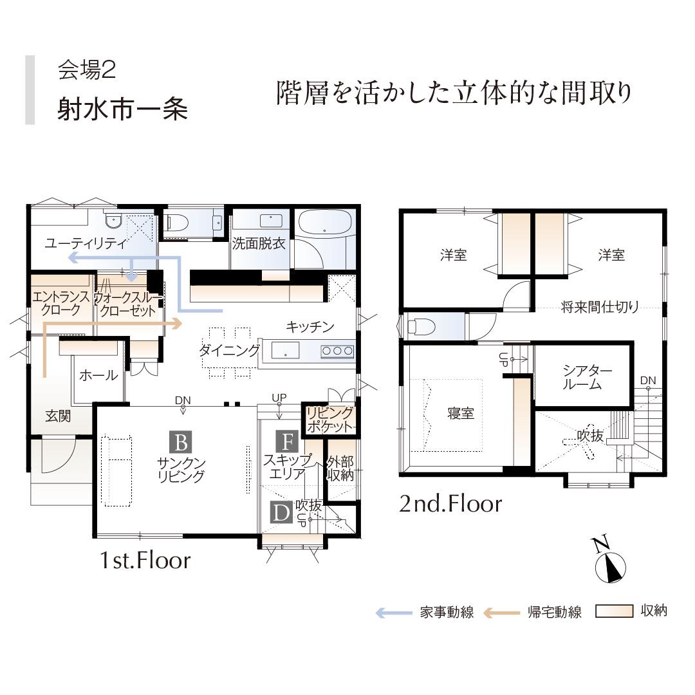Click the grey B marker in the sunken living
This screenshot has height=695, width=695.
click(x=181, y=442)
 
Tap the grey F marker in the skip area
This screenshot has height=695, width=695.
click(x=287, y=441)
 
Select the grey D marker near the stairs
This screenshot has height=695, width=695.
click(x=281, y=512)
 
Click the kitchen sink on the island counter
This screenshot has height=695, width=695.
click(x=285, y=350)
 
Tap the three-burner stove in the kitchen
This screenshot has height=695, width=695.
click(x=337, y=351)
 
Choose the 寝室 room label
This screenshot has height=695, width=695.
click(x=461, y=413)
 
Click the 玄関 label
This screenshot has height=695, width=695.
click(x=58, y=416)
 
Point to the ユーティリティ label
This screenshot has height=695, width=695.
click(x=86, y=243)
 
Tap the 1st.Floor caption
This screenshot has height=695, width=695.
click(x=145, y=561)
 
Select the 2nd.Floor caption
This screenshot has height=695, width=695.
click(x=450, y=504)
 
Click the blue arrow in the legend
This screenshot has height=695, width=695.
click(x=394, y=613)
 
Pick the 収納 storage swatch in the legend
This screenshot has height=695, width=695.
click(x=614, y=611)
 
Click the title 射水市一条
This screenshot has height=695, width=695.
click(x=122, y=109)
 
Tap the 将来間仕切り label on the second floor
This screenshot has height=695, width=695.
click(x=600, y=307)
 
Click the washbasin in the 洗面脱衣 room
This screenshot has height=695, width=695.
click(x=271, y=220)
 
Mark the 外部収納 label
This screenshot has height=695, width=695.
click(x=340, y=469)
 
